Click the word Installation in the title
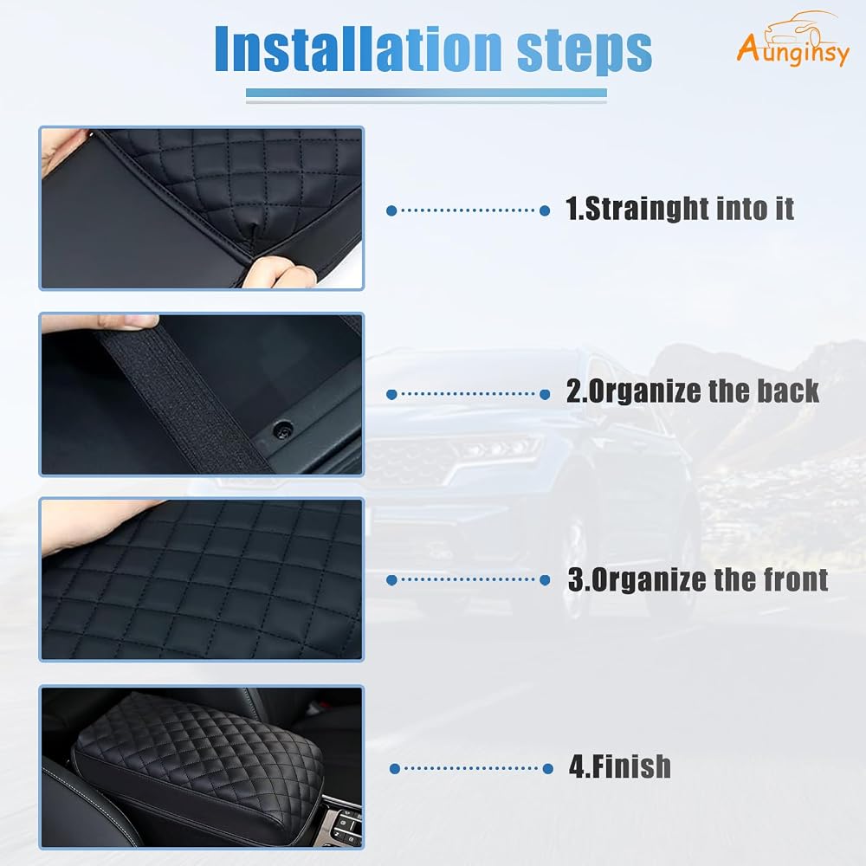[x=358, y=48]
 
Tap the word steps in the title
[x=585, y=51]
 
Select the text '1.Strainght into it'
[x=680, y=209]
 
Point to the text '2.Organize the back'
[x=693, y=391]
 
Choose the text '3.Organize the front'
[x=698, y=579]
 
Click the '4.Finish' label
[x=620, y=766]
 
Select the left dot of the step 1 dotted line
[x=391, y=210]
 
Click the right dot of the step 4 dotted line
[x=548, y=768]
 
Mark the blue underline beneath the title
[x=426, y=94]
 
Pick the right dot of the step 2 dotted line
[x=545, y=394]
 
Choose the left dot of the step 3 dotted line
[x=391, y=580]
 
